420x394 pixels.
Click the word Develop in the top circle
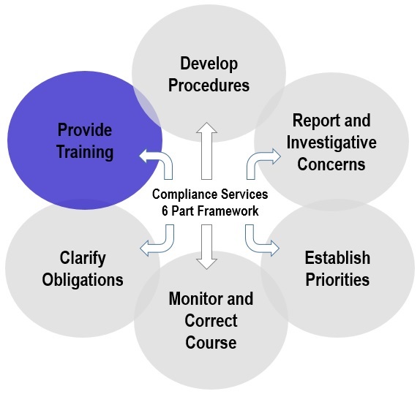(x=209, y=64)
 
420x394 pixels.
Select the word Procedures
(x=209, y=86)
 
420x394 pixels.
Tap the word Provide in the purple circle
(x=85, y=130)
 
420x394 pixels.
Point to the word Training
(x=85, y=152)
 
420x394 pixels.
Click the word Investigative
(x=331, y=143)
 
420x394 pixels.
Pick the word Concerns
(x=331, y=164)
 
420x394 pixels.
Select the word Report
(x=312, y=121)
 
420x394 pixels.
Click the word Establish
(x=337, y=258)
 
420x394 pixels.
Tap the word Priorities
(x=337, y=280)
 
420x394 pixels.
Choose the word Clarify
(x=83, y=258)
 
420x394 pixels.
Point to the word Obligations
(x=83, y=280)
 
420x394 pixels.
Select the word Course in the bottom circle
(x=211, y=343)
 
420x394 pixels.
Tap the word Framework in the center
(x=228, y=211)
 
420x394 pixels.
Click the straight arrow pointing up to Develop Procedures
(x=206, y=151)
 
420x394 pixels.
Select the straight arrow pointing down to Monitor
(x=206, y=247)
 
